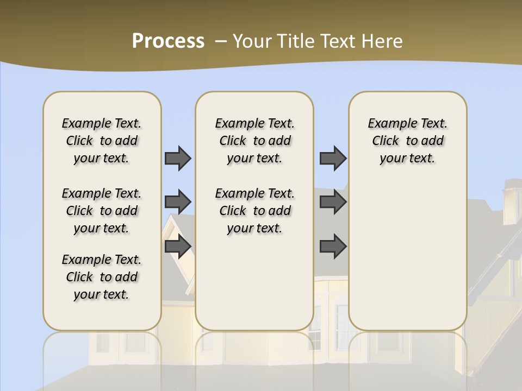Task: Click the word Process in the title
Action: pos(168,41)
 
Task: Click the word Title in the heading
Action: pos(296,41)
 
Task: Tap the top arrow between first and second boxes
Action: pos(178,158)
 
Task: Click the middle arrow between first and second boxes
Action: pos(178,202)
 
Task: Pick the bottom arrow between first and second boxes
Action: pos(178,247)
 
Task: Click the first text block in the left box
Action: pos(102,141)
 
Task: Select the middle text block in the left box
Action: pos(102,211)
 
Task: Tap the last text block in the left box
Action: pos(102,277)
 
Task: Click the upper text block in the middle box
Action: pos(254,141)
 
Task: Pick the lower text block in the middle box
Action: pos(254,211)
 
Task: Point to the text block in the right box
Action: pos(407,141)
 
